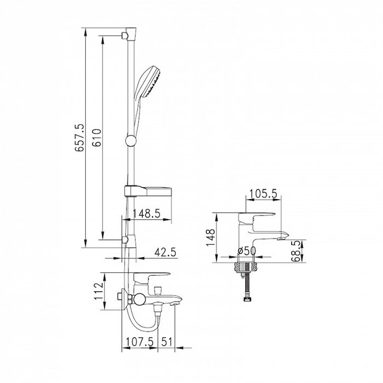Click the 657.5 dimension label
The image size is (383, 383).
[x=80, y=138]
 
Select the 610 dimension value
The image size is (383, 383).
[x=97, y=137]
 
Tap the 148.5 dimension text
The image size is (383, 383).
[x=146, y=213]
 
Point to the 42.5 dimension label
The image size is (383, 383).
[x=165, y=252]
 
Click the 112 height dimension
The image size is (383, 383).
[x=98, y=291]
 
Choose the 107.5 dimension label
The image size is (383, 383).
[x=140, y=342]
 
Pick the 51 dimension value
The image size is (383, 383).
[x=167, y=342]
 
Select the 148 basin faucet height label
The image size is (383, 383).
[x=210, y=237]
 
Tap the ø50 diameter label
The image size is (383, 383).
[x=247, y=251]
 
